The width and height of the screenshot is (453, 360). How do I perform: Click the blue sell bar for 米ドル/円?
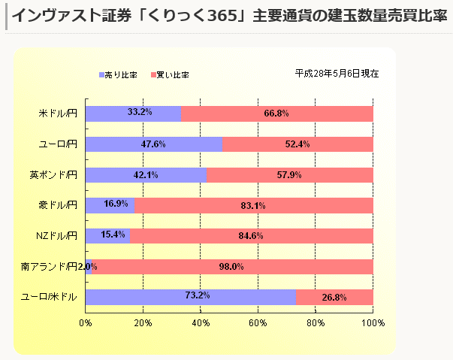(x=133, y=113)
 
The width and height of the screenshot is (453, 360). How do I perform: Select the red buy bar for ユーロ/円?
(x=297, y=144)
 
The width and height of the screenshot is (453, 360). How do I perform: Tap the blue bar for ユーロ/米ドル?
(x=190, y=297)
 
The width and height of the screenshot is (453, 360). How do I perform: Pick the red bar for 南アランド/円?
(x=233, y=267)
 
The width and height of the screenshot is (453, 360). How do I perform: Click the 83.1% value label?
(x=253, y=205)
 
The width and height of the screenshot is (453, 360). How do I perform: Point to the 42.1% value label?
(x=146, y=175)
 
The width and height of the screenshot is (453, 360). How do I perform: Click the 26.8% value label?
(x=334, y=297)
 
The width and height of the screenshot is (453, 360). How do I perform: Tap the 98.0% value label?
(x=232, y=267)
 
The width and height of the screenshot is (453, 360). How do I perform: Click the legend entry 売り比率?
(x=117, y=75)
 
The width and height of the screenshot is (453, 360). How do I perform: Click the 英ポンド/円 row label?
(x=53, y=175)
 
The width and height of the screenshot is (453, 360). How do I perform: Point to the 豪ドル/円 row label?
(x=57, y=205)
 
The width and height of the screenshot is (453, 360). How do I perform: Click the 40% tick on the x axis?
(x=201, y=322)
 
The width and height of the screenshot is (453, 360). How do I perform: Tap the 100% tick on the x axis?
(x=373, y=322)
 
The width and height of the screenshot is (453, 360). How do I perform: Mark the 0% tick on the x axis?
(x=86, y=322)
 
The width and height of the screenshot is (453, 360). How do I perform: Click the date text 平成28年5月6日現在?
(x=337, y=74)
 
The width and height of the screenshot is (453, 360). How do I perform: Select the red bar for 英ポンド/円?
(x=290, y=175)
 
